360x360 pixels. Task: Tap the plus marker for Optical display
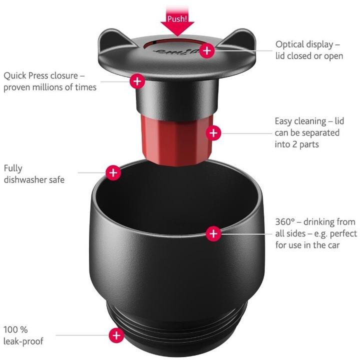point(207,49)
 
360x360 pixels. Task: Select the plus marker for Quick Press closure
point(137,81)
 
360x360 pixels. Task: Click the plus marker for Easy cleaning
point(213,133)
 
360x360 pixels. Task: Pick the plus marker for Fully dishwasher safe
point(113,172)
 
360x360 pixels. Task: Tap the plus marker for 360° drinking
point(213,233)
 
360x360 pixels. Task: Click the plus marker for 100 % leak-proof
point(116,335)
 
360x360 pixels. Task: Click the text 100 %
point(15,330)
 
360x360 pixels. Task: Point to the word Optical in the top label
point(289,44)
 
